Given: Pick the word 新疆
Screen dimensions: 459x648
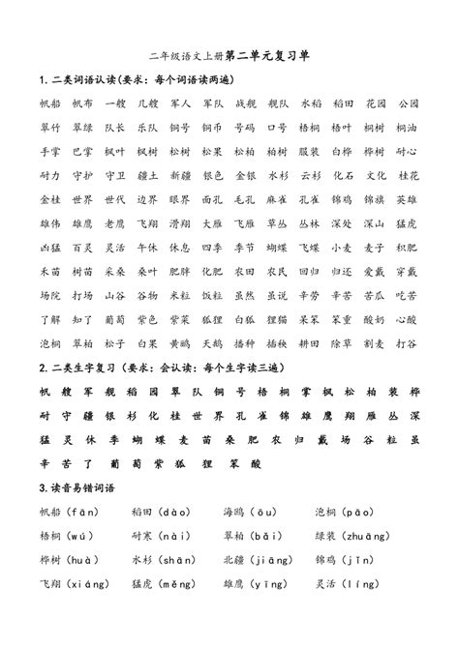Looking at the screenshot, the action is pos(153,175).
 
